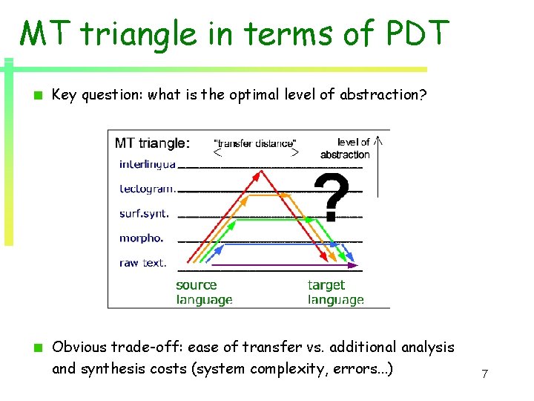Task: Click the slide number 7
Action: coord(484,374)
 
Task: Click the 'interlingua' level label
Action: coord(147,164)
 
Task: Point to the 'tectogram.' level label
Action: coord(147,189)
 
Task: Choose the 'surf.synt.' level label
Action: coord(144,213)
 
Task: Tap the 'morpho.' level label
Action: coord(141,238)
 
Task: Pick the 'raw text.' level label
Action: coord(142,262)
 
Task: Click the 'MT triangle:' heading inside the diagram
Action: coord(152,143)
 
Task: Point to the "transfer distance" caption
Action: coord(254,143)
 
